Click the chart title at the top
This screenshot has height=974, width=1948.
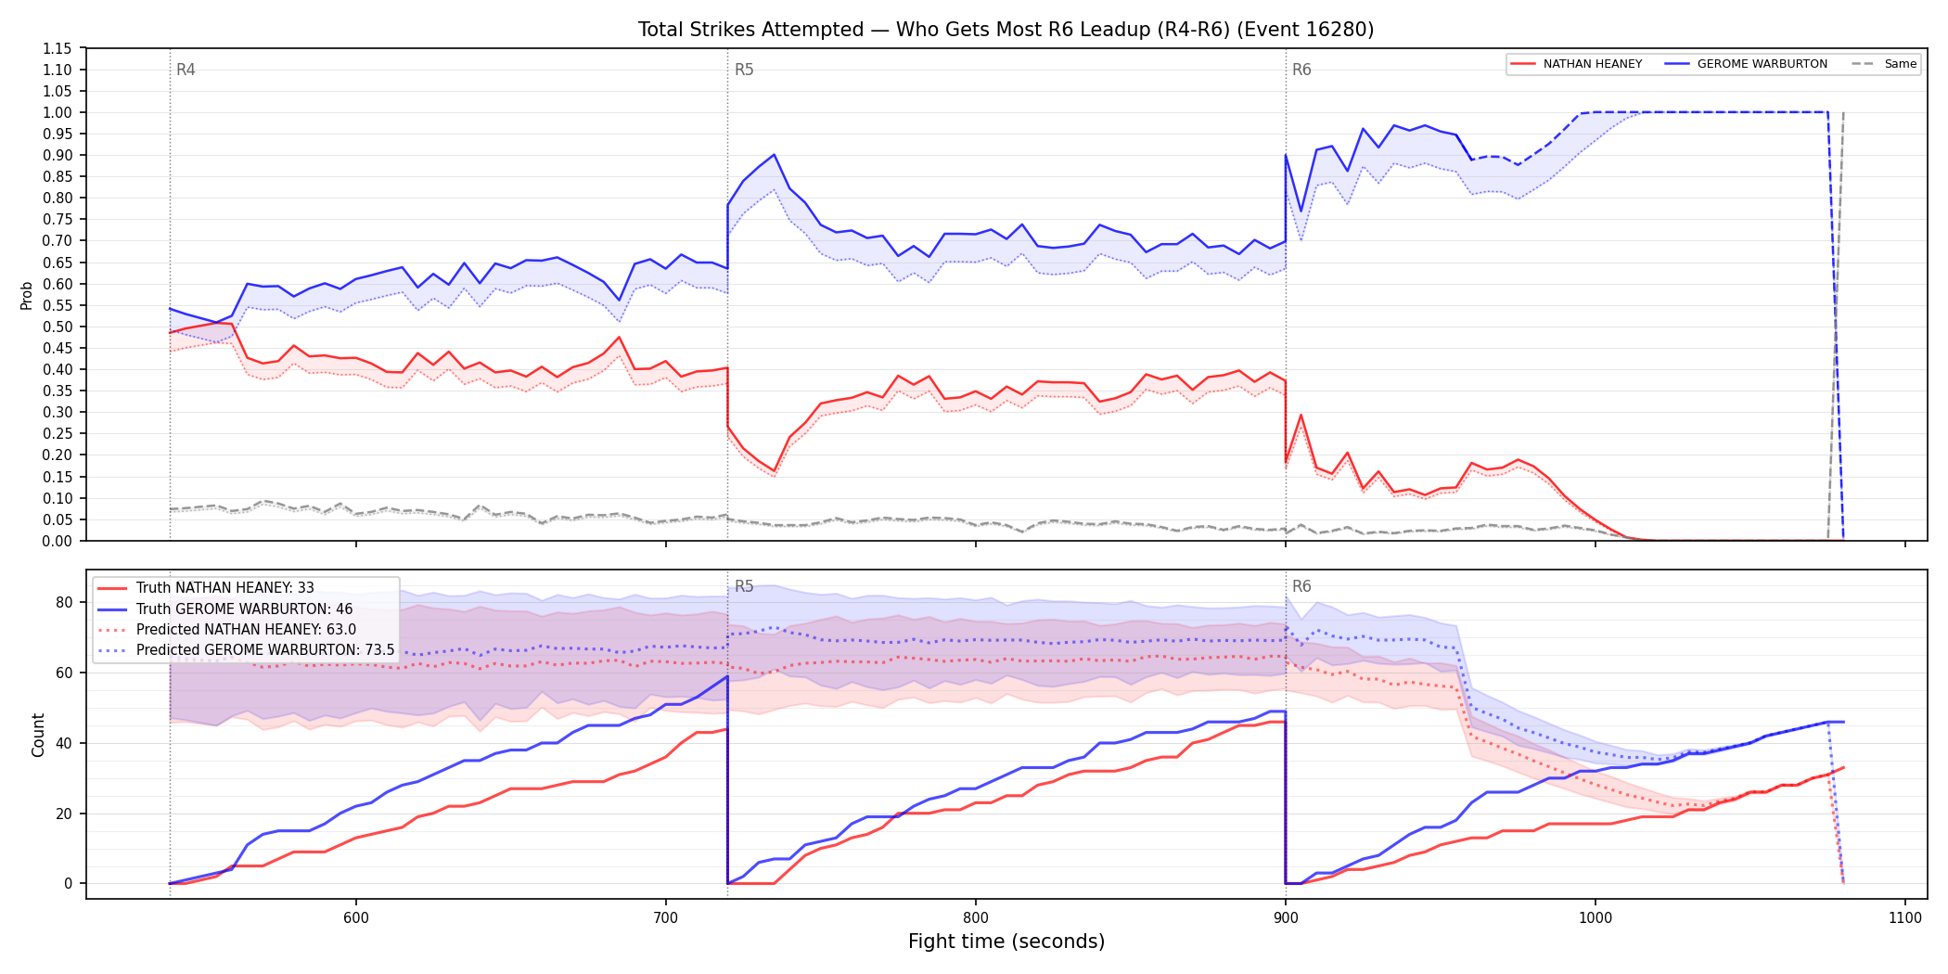(x=1006, y=30)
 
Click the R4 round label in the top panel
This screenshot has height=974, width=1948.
(x=186, y=70)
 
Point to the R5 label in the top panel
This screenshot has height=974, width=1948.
(x=744, y=70)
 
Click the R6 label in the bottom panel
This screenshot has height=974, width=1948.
(x=1301, y=586)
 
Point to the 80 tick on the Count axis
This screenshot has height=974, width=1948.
(x=64, y=602)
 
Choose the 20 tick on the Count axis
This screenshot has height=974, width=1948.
(x=64, y=814)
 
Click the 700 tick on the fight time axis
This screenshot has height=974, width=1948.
(x=666, y=917)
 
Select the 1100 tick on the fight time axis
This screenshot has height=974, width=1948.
(x=1905, y=917)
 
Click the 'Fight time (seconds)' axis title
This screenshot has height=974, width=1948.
(x=1006, y=942)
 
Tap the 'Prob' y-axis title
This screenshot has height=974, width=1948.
(x=27, y=295)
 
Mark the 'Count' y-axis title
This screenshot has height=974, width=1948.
(x=38, y=735)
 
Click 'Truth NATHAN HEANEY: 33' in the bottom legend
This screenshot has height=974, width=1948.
(x=225, y=588)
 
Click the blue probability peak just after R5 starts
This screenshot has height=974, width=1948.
(x=774, y=155)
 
